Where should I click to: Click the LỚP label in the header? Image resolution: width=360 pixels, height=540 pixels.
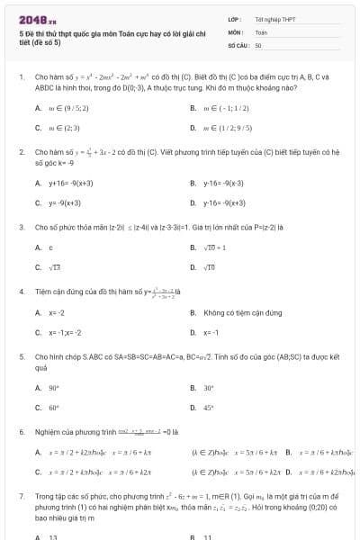pos(235,18)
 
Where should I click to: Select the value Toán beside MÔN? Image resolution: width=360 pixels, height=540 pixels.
pos(262,31)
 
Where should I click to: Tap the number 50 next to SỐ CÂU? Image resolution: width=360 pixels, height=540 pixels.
pos(258,43)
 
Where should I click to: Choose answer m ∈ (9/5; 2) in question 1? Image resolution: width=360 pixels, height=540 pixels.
pos(67,107)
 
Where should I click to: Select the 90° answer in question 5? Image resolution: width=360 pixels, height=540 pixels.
pos(53,387)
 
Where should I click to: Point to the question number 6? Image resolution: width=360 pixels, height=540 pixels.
pos(22,431)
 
